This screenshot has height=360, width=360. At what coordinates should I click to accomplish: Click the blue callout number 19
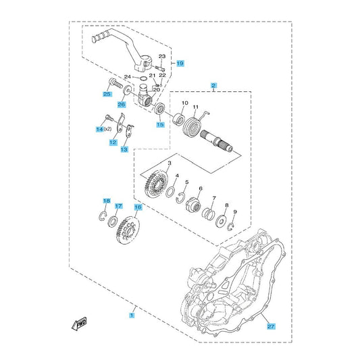[180, 63]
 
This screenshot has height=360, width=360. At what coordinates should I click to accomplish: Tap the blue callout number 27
[271, 326]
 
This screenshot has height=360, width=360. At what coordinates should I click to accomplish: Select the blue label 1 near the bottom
[132, 315]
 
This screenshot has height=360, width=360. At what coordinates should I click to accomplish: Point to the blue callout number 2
[213, 86]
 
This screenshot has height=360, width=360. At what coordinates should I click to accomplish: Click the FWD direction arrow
[79, 324]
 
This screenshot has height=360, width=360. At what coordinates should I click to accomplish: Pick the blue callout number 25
[107, 94]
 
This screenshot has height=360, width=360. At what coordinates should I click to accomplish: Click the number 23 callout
[162, 56]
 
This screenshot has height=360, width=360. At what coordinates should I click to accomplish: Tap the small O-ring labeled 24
[143, 78]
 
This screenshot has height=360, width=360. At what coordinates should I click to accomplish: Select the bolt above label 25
[115, 84]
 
